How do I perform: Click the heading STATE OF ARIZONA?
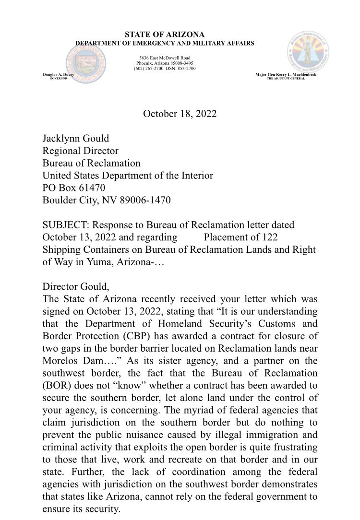pyautogui.click(x=165, y=35)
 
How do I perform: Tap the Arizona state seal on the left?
pyautogui.click(x=86, y=63)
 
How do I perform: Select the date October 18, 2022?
pyautogui.click(x=180, y=114)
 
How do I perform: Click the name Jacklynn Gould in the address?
pyautogui.click(x=76, y=139)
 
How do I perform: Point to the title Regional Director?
pyautogui.click(x=80, y=151)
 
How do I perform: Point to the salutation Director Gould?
pyautogui.click(x=75, y=287)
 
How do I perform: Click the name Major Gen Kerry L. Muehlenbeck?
pyautogui.click(x=286, y=75)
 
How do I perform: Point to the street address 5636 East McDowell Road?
pyautogui.click(x=165, y=58)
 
